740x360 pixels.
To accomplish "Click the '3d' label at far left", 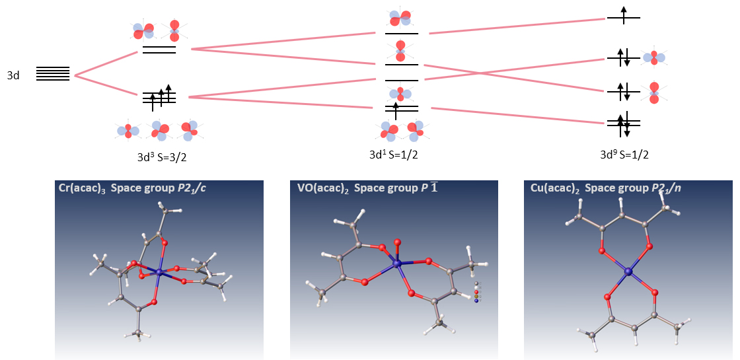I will [13, 76].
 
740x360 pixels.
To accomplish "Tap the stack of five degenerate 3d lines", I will [53, 74].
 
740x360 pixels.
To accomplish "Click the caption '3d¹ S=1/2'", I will [394, 155].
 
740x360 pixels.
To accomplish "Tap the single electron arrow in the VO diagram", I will [396, 109].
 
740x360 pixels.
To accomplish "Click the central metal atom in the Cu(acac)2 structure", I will [628, 271].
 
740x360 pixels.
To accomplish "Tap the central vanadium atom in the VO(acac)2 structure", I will [396, 264].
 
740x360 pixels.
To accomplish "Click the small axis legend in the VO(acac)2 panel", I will [476, 292].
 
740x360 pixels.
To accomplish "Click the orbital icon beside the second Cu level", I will [654, 58].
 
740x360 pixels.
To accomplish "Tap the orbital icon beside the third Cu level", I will [654, 92].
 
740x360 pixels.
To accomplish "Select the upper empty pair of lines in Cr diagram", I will [159, 50].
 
